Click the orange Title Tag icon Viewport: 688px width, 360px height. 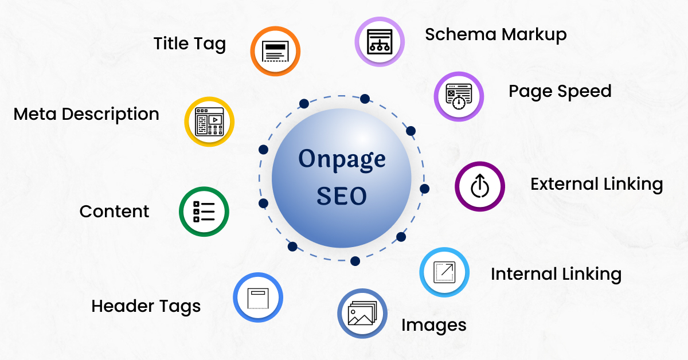pos(276,51)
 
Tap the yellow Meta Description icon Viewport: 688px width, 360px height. pos(209,121)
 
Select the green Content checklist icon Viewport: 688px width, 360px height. pos(204,212)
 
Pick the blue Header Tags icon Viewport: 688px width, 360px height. pos(258,298)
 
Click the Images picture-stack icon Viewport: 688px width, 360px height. pos(362,314)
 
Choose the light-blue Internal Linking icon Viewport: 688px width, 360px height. pos(444,272)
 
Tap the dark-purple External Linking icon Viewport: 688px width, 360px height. pos(479,186)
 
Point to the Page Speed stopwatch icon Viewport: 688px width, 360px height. pos(458,96)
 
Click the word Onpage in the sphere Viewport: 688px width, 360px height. pos(342,159)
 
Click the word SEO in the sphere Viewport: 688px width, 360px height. pos(342,196)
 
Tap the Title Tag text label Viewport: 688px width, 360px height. pos(190,44)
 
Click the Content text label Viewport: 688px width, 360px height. pos(114,212)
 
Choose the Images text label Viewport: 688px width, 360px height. pos(433,326)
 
